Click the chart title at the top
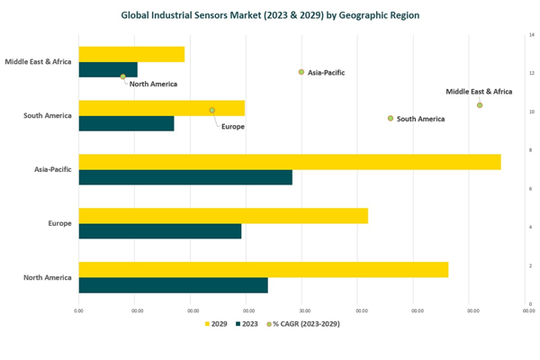270,15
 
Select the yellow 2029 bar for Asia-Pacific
290,162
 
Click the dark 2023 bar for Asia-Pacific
185,177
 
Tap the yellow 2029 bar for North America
264,269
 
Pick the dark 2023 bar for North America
173,285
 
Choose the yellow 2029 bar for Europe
223,216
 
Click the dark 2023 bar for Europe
160,231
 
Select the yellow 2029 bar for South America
162,108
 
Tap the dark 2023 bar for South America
126,123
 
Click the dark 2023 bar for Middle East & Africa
108,69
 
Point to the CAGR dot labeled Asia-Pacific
301,72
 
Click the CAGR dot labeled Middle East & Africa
480,105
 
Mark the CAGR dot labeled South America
391,119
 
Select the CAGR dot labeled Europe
212,111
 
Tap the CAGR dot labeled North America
123,76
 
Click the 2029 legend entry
216,324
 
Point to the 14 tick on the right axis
532,35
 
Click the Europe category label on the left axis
59,223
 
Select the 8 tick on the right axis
531,150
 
